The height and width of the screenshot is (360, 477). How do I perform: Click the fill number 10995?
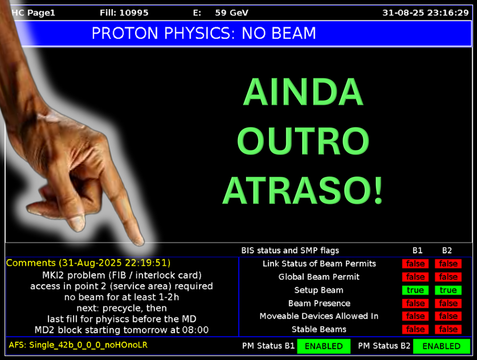click(x=134, y=13)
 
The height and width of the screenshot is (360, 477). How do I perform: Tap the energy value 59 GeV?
click(x=232, y=13)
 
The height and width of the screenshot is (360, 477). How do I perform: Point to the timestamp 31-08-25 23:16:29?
click(x=426, y=13)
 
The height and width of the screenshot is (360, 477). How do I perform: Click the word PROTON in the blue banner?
click(x=125, y=33)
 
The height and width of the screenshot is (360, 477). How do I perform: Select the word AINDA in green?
click(x=303, y=91)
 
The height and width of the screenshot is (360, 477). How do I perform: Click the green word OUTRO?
click(x=303, y=141)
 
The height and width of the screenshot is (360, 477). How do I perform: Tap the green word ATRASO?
click(x=303, y=190)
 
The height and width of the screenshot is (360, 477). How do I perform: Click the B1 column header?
click(x=417, y=250)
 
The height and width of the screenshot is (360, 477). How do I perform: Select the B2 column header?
click(x=447, y=250)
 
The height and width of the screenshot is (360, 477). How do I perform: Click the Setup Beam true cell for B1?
click(x=415, y=290)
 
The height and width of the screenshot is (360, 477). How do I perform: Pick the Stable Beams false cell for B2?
click(x=448, y=329)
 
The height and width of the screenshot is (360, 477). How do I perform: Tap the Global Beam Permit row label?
click(x=319, y=277)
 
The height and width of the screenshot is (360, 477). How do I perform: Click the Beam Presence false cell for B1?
click(x=415, y=303)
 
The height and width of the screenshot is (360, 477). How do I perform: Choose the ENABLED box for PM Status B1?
click(x=324, y=346)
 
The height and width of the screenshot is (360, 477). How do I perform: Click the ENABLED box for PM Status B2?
click(x=441, y=346)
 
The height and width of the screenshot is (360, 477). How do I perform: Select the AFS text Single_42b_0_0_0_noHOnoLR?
click(x=88, y=345)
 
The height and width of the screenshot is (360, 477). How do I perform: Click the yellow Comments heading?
click(x=31, y=263)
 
